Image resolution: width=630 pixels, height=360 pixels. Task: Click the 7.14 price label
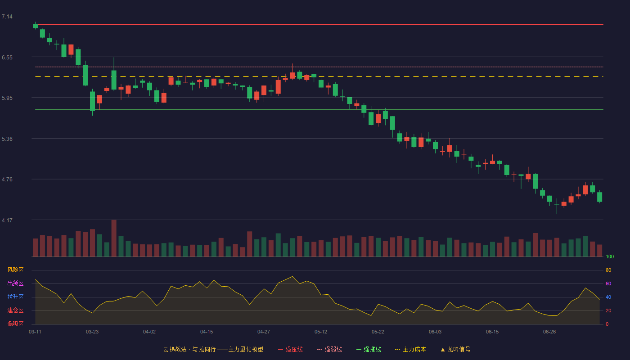(x=7, y=17)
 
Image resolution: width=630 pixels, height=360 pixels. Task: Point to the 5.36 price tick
(x=7, y=139)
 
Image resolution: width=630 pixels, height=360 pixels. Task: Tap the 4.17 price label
(x=7, y=220)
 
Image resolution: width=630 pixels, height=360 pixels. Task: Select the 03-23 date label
(x=92, y=332)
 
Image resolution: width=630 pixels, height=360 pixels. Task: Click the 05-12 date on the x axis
(x=321, y=332)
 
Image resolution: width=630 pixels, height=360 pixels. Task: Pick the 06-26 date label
(x=549, y=332)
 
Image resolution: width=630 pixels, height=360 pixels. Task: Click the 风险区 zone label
(x=15, y=270)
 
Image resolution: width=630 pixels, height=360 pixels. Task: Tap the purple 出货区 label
(x=15, y=283)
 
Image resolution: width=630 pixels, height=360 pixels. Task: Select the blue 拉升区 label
(x=15, y=297)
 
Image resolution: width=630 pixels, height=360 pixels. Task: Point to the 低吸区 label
(x=15, y=324)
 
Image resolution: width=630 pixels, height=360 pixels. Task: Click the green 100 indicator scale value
(x=610, y=256)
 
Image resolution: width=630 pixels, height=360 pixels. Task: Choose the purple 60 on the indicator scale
(x=608, y=283)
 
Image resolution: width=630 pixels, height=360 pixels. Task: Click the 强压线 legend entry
(x=290, y=349)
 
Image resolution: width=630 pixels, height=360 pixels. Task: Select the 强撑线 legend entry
(x=369, y=349)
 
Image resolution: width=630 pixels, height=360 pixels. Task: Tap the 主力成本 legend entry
(x=410, y=349)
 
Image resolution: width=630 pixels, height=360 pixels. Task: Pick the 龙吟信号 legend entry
(x=455, y=349)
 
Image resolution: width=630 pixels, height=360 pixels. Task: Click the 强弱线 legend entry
(x=329, y=349)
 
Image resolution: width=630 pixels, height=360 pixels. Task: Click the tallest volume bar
(x=114, y=238)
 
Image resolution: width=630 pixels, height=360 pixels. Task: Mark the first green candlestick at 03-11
(x=35, y=26)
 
